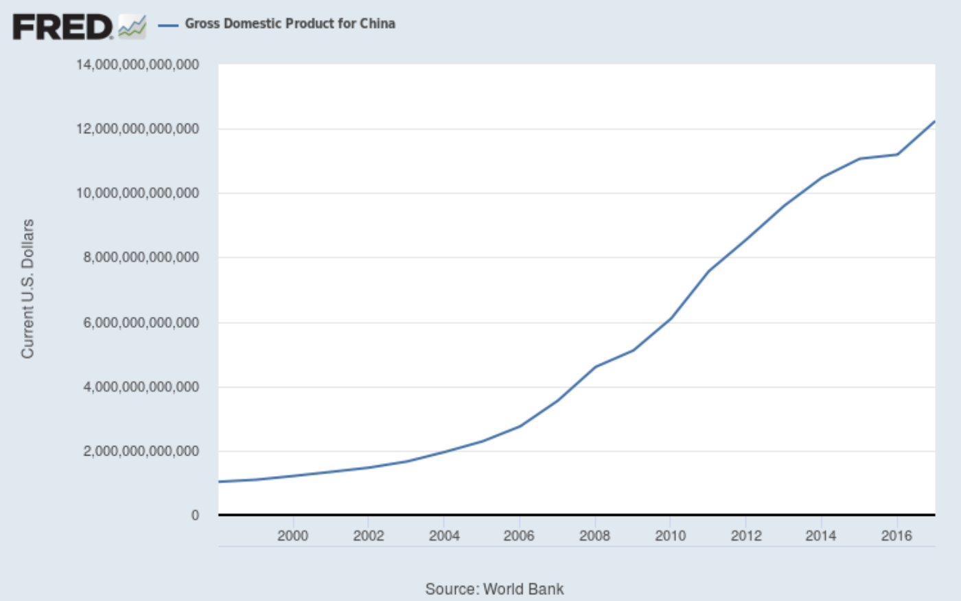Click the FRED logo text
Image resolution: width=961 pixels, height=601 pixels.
62,27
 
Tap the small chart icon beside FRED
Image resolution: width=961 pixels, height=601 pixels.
132,27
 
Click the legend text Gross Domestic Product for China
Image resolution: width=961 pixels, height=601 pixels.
290,24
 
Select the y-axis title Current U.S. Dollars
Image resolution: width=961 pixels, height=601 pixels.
27,288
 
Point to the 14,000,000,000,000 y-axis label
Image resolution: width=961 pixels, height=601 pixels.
137,65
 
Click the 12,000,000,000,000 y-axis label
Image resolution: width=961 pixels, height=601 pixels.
137,129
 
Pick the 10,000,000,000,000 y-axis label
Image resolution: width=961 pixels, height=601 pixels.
137,193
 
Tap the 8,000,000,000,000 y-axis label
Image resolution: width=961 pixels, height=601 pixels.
141,258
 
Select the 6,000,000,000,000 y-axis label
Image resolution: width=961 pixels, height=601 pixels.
141,322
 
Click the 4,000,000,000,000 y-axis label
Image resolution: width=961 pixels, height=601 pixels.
141,387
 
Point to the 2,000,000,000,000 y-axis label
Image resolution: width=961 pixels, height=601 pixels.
141,451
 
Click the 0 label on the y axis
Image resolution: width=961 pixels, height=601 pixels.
195,515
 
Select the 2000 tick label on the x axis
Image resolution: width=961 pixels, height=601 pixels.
293,536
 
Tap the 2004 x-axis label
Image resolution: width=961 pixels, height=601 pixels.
444,536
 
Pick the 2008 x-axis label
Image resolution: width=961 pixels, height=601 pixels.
594,536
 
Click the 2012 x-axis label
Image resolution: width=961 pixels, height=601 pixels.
745,536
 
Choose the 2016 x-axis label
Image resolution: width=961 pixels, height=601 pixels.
896,536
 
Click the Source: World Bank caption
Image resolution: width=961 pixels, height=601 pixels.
494,589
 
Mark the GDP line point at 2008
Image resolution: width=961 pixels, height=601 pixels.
595,366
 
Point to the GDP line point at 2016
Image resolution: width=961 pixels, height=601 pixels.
896,154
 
